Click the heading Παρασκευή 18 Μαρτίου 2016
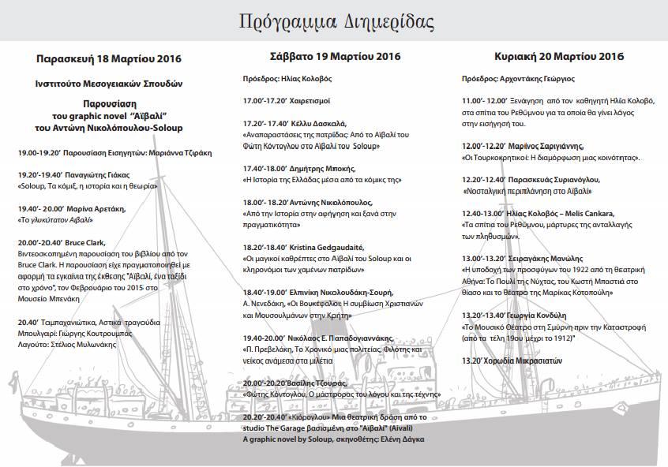coord(109,59)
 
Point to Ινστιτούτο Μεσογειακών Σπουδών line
coord(109,82)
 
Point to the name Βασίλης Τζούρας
coord(324,381)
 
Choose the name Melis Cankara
coord(580,214)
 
